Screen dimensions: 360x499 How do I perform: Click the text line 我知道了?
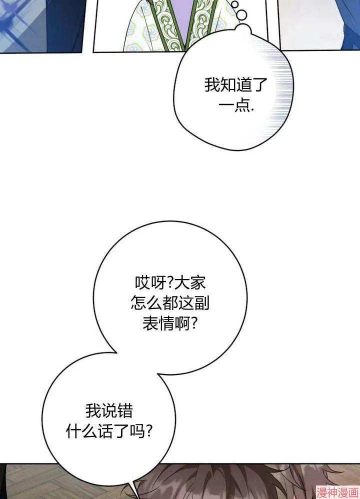coord(235,85)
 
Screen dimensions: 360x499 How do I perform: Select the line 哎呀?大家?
coord(170,282)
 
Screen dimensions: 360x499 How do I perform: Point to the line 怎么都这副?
coord(170,303)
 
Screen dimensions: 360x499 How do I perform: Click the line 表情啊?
coord(170,323)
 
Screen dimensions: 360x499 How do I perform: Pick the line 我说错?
coord(109,411)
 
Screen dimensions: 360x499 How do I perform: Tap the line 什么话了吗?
coord(109,431)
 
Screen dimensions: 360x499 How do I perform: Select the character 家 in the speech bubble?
coord(198,282)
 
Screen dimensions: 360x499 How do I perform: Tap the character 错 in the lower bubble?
coord(125,411)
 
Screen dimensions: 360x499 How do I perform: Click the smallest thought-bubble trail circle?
coord(235,4)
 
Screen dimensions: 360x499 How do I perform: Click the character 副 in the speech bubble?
coord(202,303)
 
